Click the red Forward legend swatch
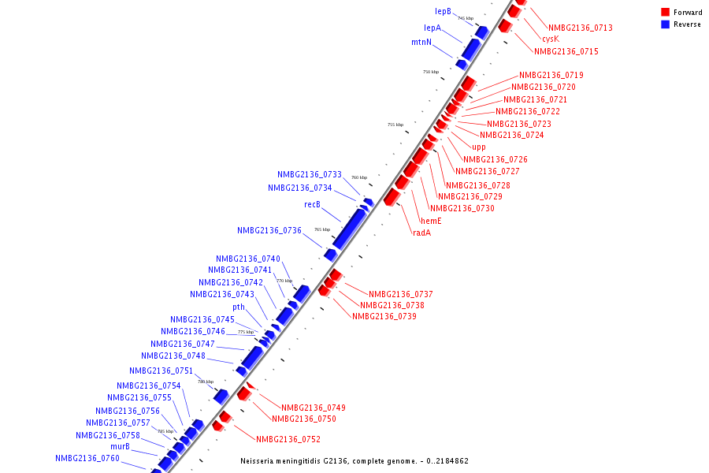pyautogui.click(x=665, y=12)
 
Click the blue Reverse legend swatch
pyautogui.click(x=665, y=24)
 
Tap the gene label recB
pyautogui.click(x=313, y=205)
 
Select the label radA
pyautogui.click(x=422, y=233)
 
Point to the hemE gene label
pyautogui.click(x=431, y=221)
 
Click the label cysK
pyautogui.click(x=551, y=39)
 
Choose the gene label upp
pyautogui.click(x=479, y=147)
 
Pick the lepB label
pyautogui.click(x=443, y=12)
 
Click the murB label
pyautogui.click(x=120, y=446)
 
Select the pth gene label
pyautogui.click(x=239, y=307)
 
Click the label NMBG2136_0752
pyautogui.click(x=288, y=439)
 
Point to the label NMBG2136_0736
pyautogui.click(x=269, y=231)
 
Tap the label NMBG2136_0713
pyautogui.click(x=581, y=28)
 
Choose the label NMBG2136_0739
pyautogui.click(x=384, y=316)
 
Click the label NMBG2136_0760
pyautogui.click(x=87, y=458)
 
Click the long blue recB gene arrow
pyautogui.click(x=349, y=229)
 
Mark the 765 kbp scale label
pyautogui.click(x=322, y=229)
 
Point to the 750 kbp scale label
pyautogui.click(x=431, y=72)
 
